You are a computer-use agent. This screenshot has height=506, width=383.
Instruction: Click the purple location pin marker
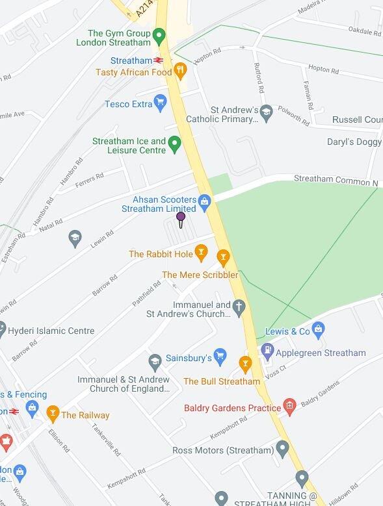click(181, 218)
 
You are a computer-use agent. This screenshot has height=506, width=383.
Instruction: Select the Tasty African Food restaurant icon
click(180, 71)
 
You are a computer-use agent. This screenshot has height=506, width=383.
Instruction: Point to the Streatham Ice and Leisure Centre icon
click(174, 144)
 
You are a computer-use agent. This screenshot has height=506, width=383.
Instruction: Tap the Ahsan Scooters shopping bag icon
click(204, 201)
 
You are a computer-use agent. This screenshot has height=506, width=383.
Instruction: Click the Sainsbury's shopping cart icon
click(220, 357)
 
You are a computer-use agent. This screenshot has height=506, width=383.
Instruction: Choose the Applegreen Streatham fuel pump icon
click(267, 351)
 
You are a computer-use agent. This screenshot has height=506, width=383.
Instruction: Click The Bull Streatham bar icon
click(245, 364)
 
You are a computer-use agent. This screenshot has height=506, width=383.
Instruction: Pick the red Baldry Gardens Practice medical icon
click(290, 408)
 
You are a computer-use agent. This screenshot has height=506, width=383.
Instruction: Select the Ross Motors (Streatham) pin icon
click(282, 449)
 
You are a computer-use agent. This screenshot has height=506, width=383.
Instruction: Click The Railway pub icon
click(53, 414)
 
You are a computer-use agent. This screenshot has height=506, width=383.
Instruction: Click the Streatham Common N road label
click(336, 181)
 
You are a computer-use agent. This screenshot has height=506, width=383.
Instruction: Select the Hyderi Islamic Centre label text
click(51, 331)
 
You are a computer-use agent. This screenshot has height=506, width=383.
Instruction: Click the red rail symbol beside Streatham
click(158, 60)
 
